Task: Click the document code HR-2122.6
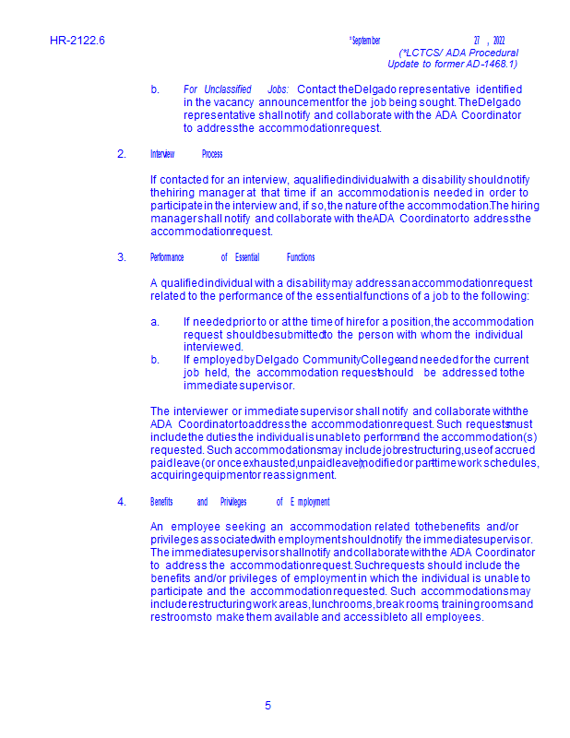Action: click(x=77, y=41)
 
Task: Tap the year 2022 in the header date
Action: click(x=499, y=41)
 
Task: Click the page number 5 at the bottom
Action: click(x=268, y=706)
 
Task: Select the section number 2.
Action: click(x=122, y=154)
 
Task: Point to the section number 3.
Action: click(x=122, y=257)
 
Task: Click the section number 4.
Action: click(x=122, y=502)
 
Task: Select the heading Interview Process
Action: click(x=186, y=154)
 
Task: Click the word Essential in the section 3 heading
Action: click(x=247, y=257)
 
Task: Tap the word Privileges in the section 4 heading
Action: click(x=233, y=502)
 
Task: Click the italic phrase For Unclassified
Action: click(x=217, y=89)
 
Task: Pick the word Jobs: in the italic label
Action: click(x=278, y=89)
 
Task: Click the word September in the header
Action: click(x=365, y=41)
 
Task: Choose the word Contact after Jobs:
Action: click(x=316, y=89)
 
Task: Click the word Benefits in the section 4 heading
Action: click(x=161, y=502)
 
